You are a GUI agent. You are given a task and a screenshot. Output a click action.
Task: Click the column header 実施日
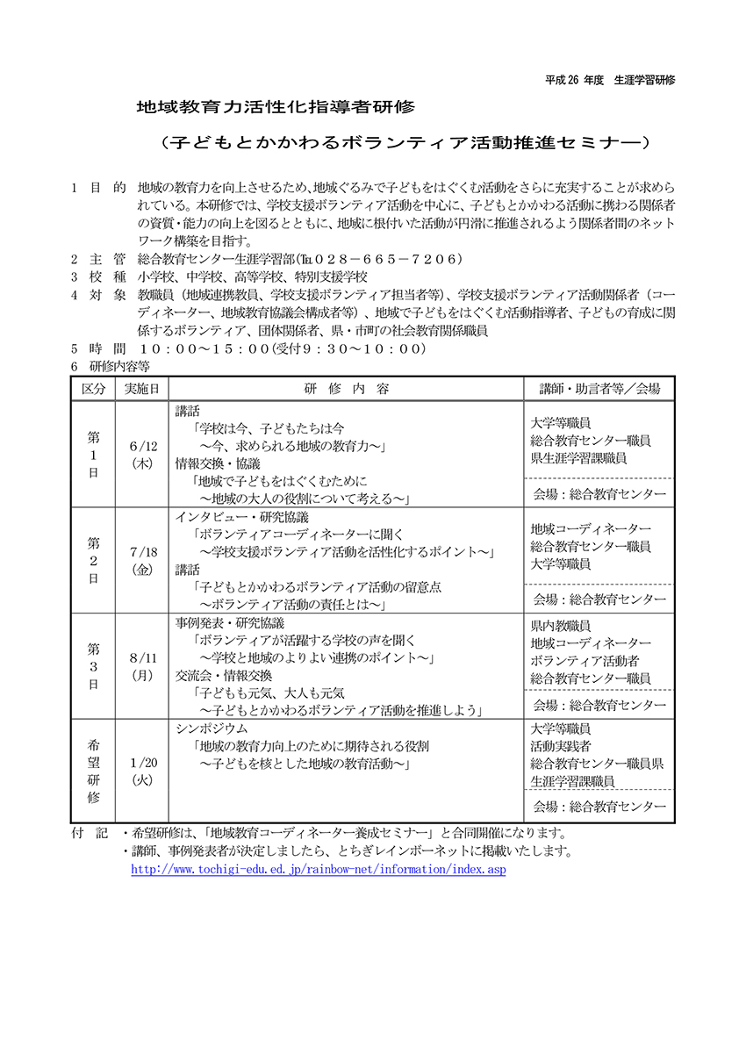[x=142, y=389]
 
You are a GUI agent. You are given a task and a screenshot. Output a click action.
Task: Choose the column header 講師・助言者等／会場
[x=599, y=389]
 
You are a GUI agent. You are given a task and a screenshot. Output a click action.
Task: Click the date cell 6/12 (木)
[x=142, y=455]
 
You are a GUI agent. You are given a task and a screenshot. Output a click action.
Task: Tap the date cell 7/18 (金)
[x=142, y=561]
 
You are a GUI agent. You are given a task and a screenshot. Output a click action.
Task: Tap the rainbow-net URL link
[x=318, y=869]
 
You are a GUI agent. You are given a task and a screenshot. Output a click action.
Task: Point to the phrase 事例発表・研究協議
[x=229, y=623]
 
